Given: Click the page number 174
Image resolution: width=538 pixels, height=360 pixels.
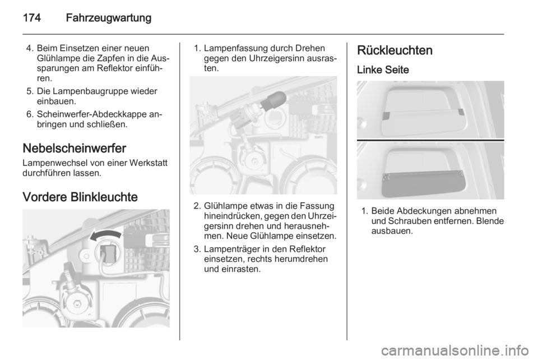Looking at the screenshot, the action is [x=32, y=17].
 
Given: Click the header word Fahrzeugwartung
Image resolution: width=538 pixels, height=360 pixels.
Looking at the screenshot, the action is [x=108, y=18].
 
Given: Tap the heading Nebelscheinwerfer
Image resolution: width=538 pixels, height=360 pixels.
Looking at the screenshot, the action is [x=75, y=148].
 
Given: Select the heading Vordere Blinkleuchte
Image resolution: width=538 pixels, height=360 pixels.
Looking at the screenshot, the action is [x=80, y=197].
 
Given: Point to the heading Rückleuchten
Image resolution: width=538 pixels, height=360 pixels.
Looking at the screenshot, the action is [x=395, y=50].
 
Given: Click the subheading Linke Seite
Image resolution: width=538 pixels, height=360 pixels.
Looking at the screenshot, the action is [x=383, y=70].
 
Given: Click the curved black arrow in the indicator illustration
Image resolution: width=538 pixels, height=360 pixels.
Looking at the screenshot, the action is [x=105, y=236].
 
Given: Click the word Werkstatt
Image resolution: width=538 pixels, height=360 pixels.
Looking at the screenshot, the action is [x=148, y=163].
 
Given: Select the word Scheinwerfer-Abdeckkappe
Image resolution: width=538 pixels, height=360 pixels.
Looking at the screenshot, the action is [x=92, y=114].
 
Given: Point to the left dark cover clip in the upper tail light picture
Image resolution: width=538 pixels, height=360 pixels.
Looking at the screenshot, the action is [x=386, y=116].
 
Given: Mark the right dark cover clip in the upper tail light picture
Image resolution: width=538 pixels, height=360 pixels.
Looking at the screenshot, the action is [x=461, y=112].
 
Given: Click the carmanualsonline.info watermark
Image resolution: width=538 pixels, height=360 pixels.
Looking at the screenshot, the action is [x=454, y=351].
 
